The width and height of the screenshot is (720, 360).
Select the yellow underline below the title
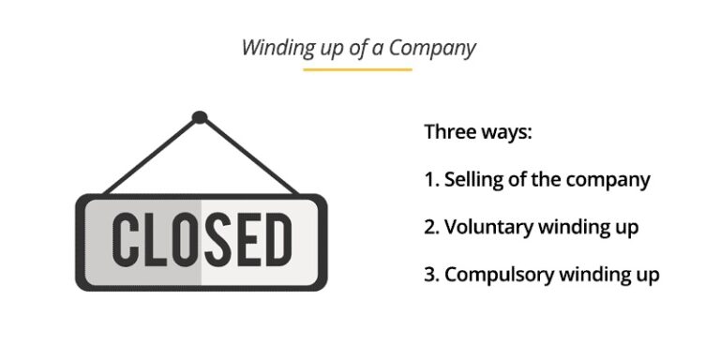[x=357, y=69]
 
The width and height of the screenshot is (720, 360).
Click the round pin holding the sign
[x=199, y=118]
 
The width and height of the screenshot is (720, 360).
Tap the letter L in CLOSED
[x=156, y=240]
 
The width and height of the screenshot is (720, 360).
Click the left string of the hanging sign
[x=150, y=158]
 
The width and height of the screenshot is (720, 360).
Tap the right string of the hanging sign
[x=249, y=158]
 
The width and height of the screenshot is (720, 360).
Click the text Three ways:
[x=478, y=131]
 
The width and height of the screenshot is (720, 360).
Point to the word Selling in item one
[x=474, y=179]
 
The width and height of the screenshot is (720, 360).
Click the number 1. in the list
[x=431, y=179]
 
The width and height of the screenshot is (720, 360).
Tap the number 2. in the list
[x=432, y=227]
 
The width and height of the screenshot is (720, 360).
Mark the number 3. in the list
[x=432, y=275]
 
